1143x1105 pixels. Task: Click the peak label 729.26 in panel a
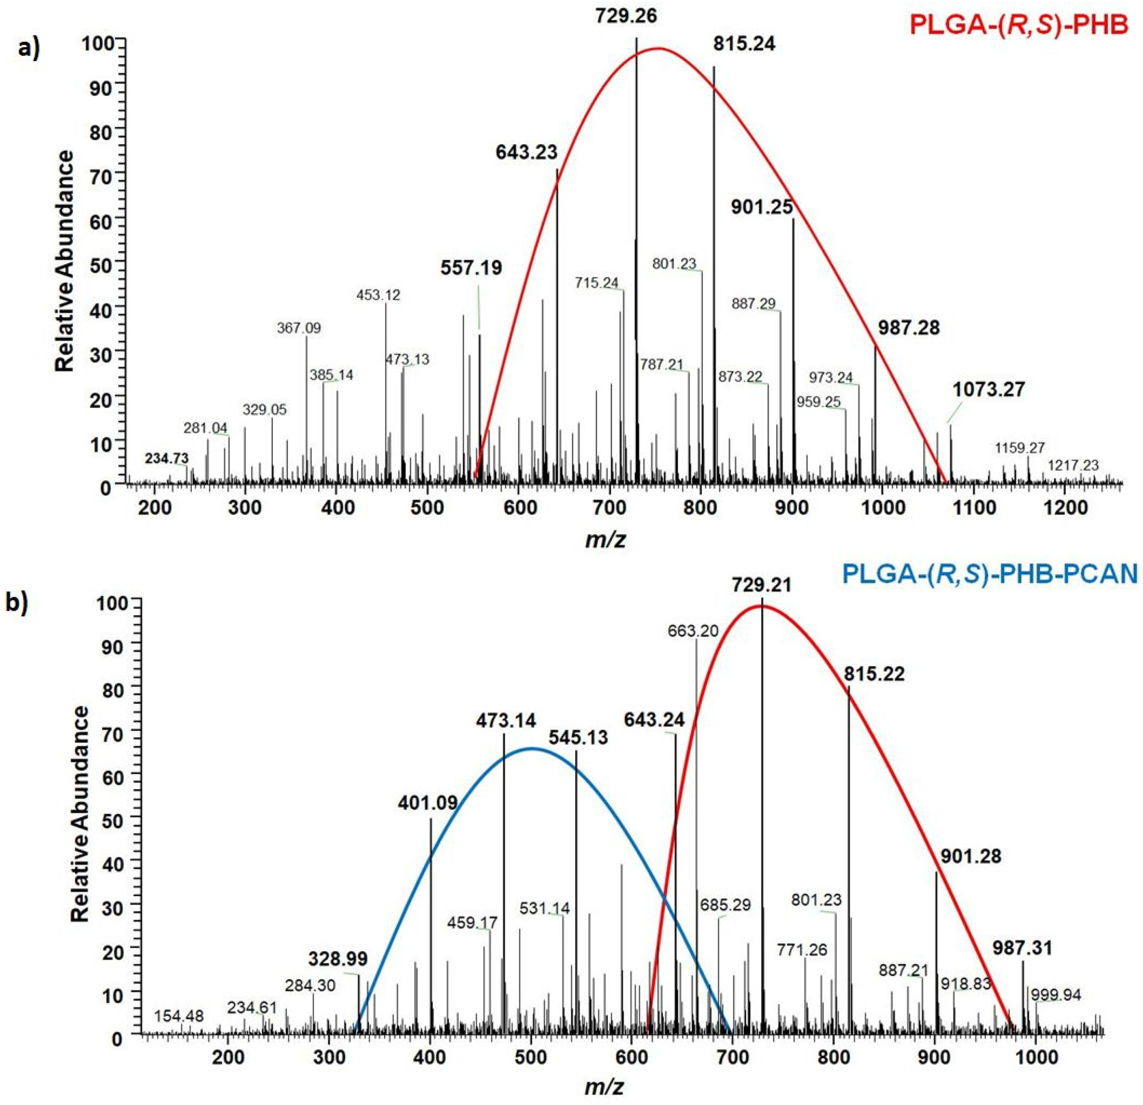(626, 16)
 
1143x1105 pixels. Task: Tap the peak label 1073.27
(989, 389)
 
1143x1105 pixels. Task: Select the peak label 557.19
(471, 268)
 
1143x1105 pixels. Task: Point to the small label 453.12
(378, 295)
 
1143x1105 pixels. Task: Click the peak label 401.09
(428, 804)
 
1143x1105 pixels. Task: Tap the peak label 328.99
(338, 958)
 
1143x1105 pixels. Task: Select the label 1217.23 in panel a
(1073, 465)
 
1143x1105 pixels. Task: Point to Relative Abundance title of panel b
(81, 814)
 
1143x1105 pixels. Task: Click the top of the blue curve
(531, 748)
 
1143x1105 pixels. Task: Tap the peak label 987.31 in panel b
(1022, 948)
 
